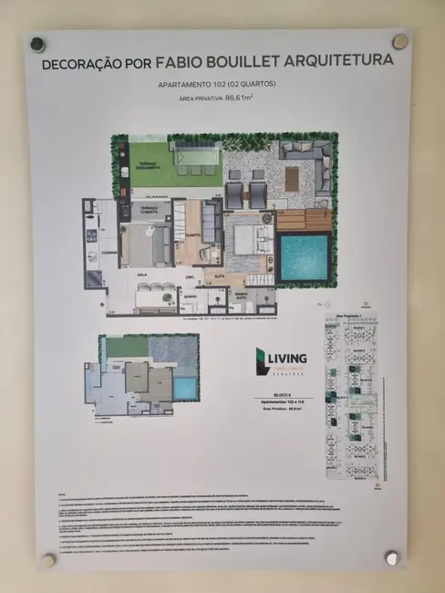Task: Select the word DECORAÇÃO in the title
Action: tap(85, 66)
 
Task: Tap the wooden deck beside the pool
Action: tap(303, 220)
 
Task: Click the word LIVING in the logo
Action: tap(287, 357)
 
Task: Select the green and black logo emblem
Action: tap(261, 360)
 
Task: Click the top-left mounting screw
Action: tap(38, 44)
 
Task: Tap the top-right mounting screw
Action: tap(399, 41)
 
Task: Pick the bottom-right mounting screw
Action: tap(392, 556)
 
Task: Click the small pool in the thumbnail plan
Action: tap(185, 387)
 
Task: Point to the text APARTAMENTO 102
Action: tap(195, 86)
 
